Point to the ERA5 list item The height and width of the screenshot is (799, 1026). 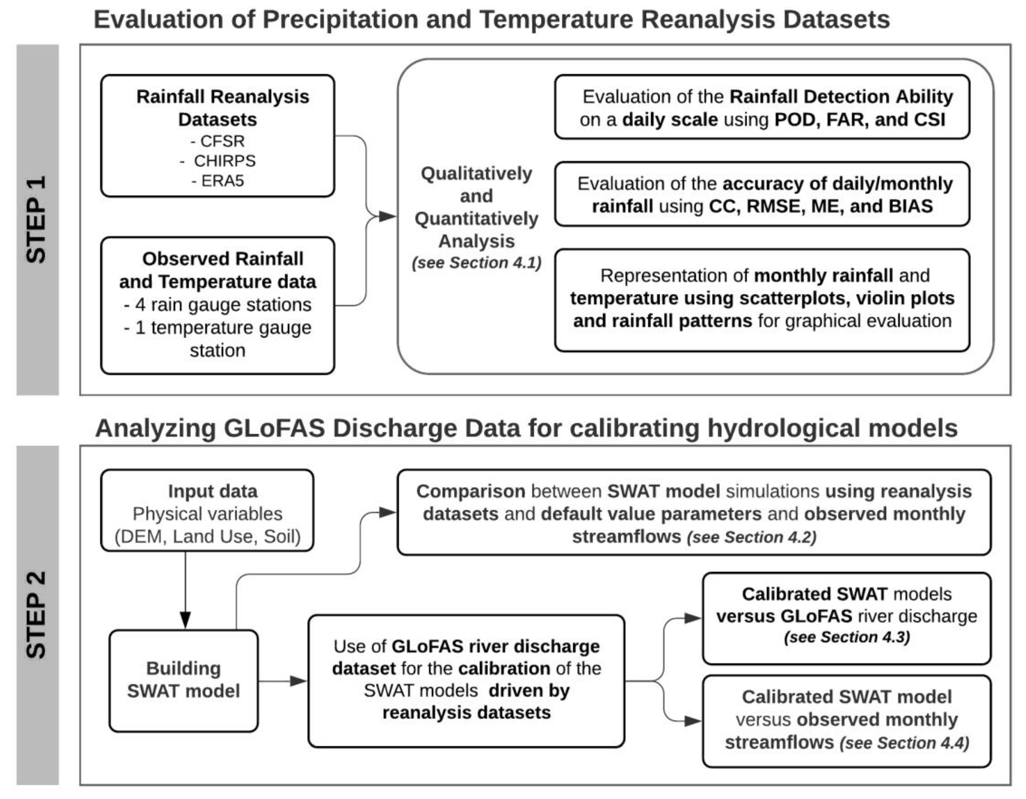pos(218,181)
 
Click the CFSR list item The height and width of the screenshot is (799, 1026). pos(218,141)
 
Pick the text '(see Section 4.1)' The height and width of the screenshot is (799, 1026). pos(476,263)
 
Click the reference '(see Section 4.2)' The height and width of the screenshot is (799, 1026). pos(752,537)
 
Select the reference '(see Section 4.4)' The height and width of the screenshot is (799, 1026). pos(904,743)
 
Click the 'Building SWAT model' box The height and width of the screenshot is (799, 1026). pos(184,680)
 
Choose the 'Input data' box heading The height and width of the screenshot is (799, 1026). pos(213,491)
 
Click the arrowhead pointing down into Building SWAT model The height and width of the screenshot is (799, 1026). pos(186,619)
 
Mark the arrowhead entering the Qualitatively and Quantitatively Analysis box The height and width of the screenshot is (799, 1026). pos(388,216)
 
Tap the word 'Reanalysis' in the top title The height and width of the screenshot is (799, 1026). pos(708,20)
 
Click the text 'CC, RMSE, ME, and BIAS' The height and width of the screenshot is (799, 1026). pos(821,206)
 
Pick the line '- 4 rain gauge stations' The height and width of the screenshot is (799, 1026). pos(218,305)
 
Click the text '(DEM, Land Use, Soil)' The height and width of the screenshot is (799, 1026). pos(208,536)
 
